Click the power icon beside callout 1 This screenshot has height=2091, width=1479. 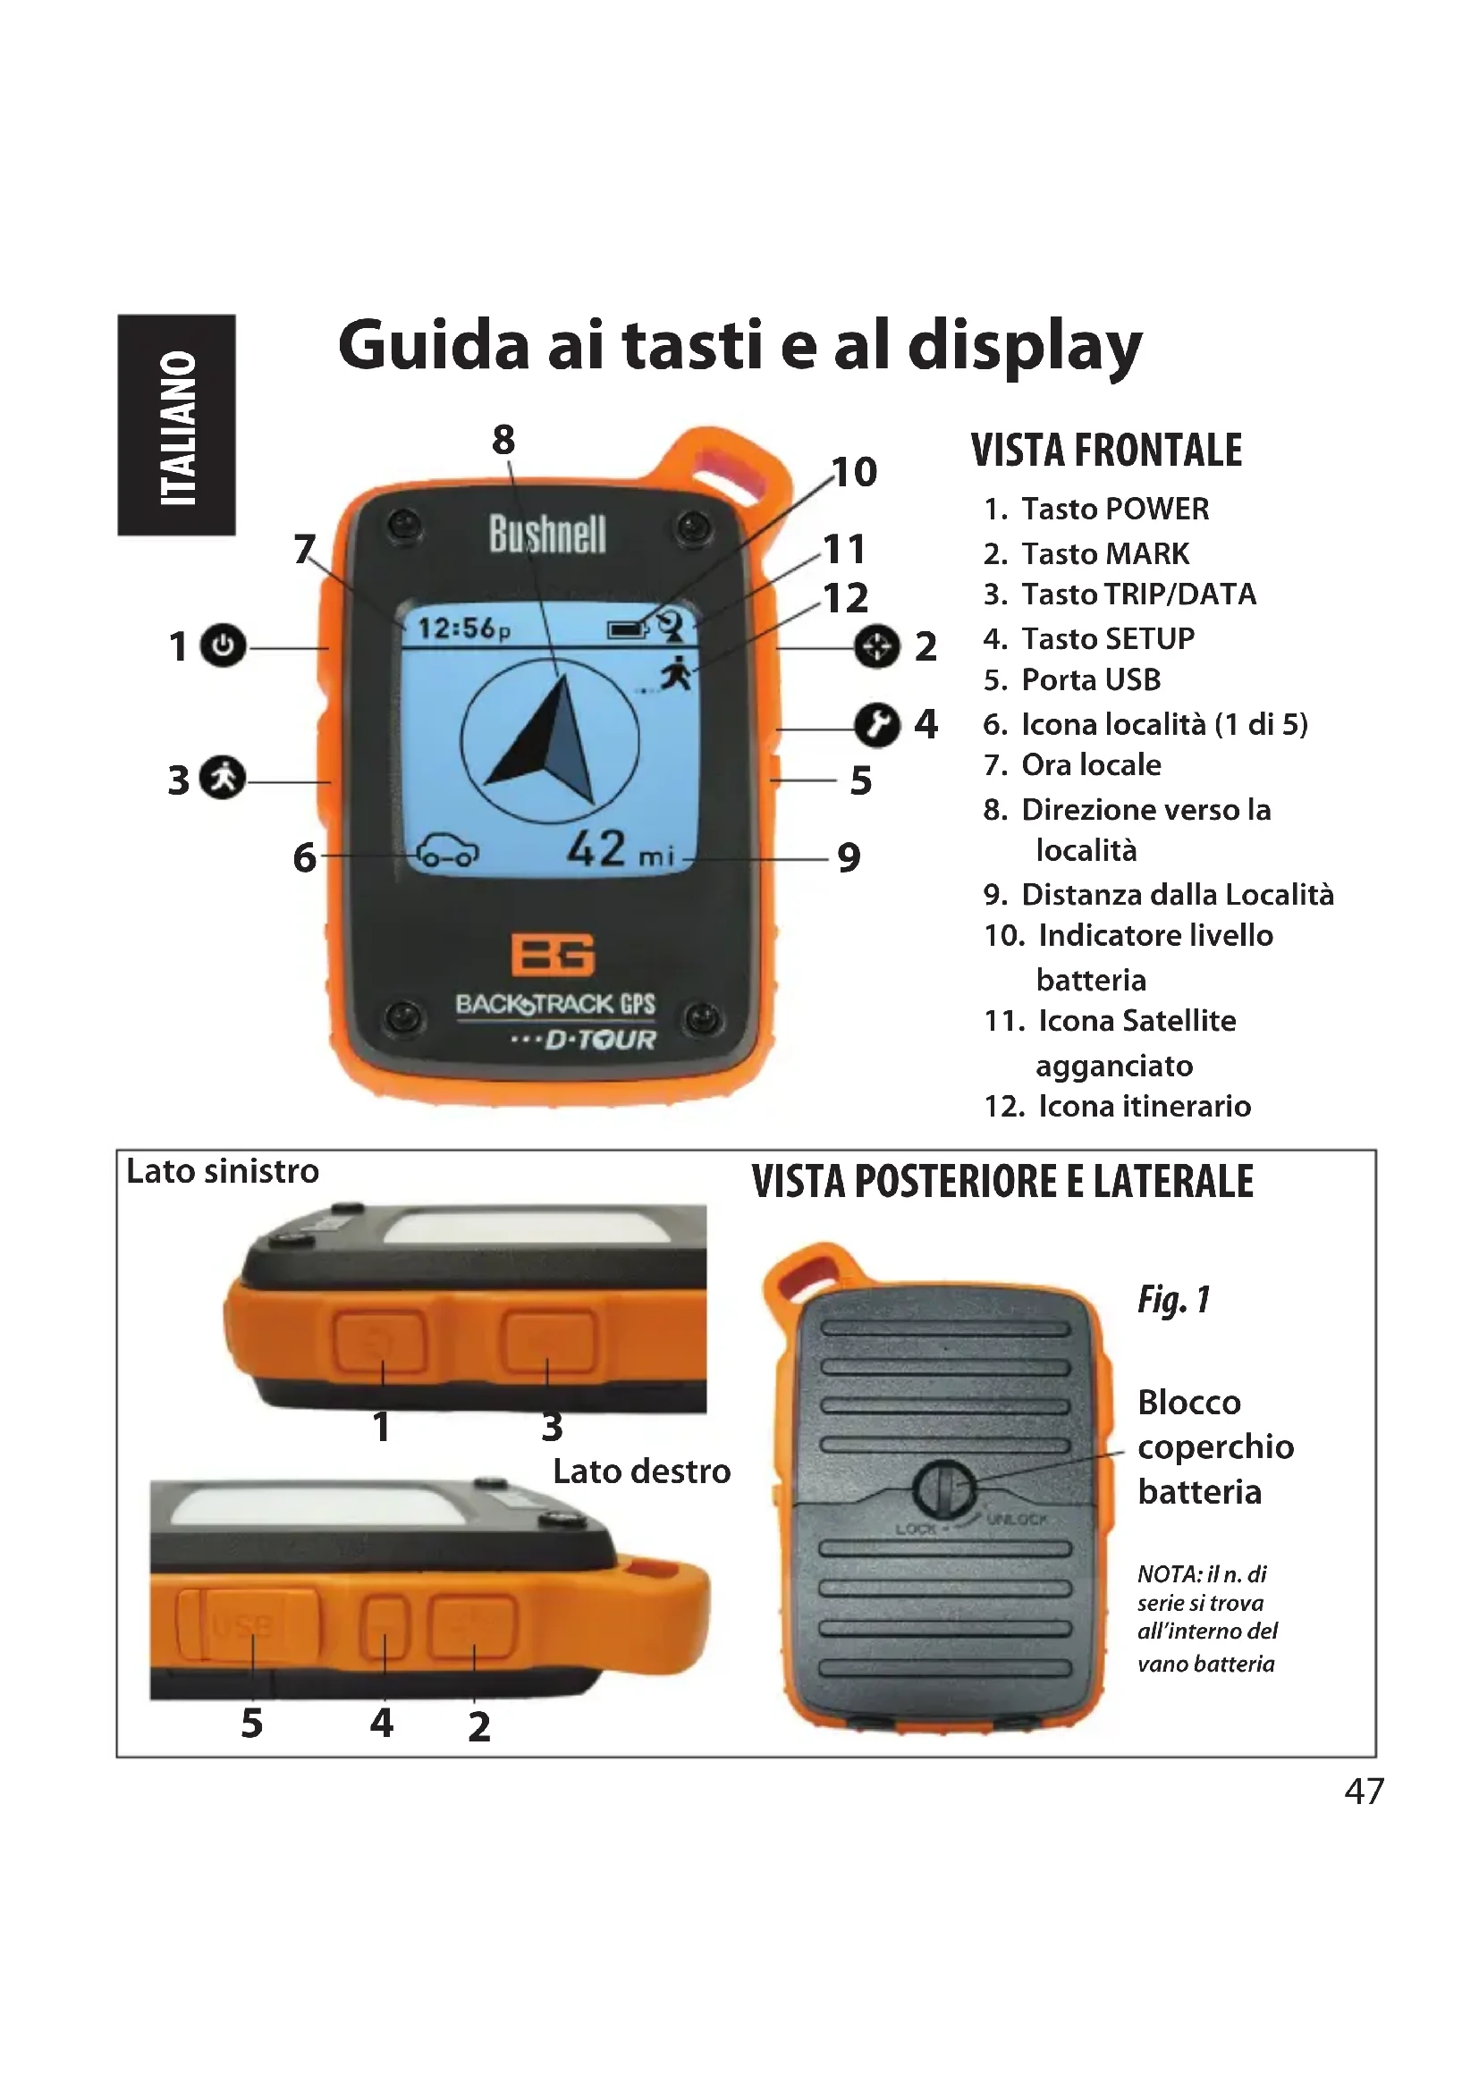pyautogui.click(x=223, y=645)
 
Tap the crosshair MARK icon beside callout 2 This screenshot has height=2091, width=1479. pyautogui.click(x=877, y=646)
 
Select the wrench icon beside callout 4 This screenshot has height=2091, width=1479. pyautogui.click(x=876, y=725)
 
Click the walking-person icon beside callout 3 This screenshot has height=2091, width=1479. pyautogui.click(x=223, y=778)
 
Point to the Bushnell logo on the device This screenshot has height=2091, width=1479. pyautogui.click(x=546, y=534)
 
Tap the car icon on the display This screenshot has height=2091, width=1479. pyautogui.click(x=446, y=853)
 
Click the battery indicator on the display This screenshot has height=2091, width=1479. pyautogui.click(x=628, y=628)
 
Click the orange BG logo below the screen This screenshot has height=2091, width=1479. pyautogui.click(x=552, y=954)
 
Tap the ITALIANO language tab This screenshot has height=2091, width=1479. pyautogui.click(x=177, y=426)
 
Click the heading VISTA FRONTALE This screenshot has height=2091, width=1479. pyautogui.click(x=1105, y=451)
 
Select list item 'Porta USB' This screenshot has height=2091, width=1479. pyautogui.click(x=1090, y=680)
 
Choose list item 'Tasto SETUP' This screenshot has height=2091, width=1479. pyautogui.click(x=1106, y=638)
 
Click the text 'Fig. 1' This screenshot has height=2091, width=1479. pyautogui.click(x=1173, y=1300)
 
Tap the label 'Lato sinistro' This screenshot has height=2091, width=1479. pyautogui.click(x=223, y=1171)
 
